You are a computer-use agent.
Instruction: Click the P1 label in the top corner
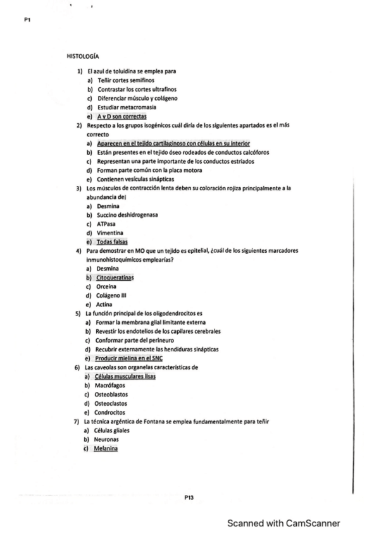point(27,20)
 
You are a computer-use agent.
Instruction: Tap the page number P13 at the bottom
point(189,498)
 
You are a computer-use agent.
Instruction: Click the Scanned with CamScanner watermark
point(284,523)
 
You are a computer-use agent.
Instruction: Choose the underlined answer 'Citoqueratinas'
point(118,277)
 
